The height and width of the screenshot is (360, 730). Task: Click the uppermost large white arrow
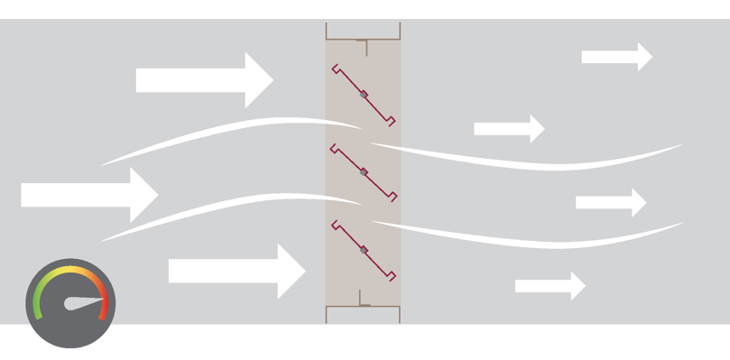[x=203, y=80]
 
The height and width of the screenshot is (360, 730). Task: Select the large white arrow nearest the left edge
[x=88, y=195]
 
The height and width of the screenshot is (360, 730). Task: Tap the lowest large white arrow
[x=236, y=271]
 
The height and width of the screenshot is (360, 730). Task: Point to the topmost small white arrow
[x=616, y=57]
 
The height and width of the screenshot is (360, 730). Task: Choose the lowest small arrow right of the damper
[x=550, y=286]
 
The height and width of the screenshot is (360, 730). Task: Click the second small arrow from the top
[x=509, y=129]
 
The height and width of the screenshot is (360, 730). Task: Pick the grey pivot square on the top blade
[x=364, y=94]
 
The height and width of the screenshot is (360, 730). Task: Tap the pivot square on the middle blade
[x=364, y=171]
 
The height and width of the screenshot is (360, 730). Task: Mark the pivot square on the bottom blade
[x=364, y=249]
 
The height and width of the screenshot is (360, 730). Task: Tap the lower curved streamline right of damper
[x=541, y=240]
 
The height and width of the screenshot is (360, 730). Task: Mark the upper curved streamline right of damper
[x=541, y=163]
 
